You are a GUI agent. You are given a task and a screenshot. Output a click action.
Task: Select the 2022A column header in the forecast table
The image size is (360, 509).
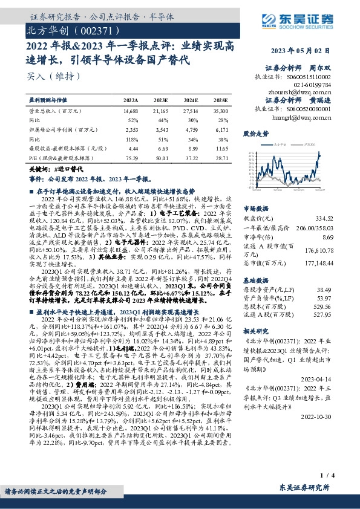(131, 100)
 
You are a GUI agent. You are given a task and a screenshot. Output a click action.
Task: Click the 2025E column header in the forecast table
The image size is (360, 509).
(220, 100)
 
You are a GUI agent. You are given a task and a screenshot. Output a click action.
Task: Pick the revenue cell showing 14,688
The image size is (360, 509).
(131, 111)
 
